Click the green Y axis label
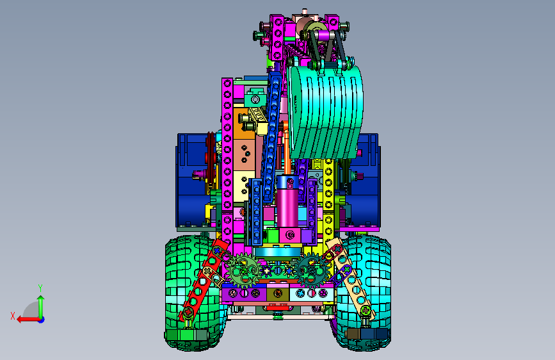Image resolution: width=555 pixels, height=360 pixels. click(40, 288)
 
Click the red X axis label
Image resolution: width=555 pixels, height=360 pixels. click(13, 316)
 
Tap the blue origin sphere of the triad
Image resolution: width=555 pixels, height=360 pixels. click(42, 320)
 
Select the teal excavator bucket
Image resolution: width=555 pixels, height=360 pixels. click(326, 111)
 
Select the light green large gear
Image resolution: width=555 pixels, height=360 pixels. click(245, 271)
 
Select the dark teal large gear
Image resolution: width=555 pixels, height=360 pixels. click(312, 270)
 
